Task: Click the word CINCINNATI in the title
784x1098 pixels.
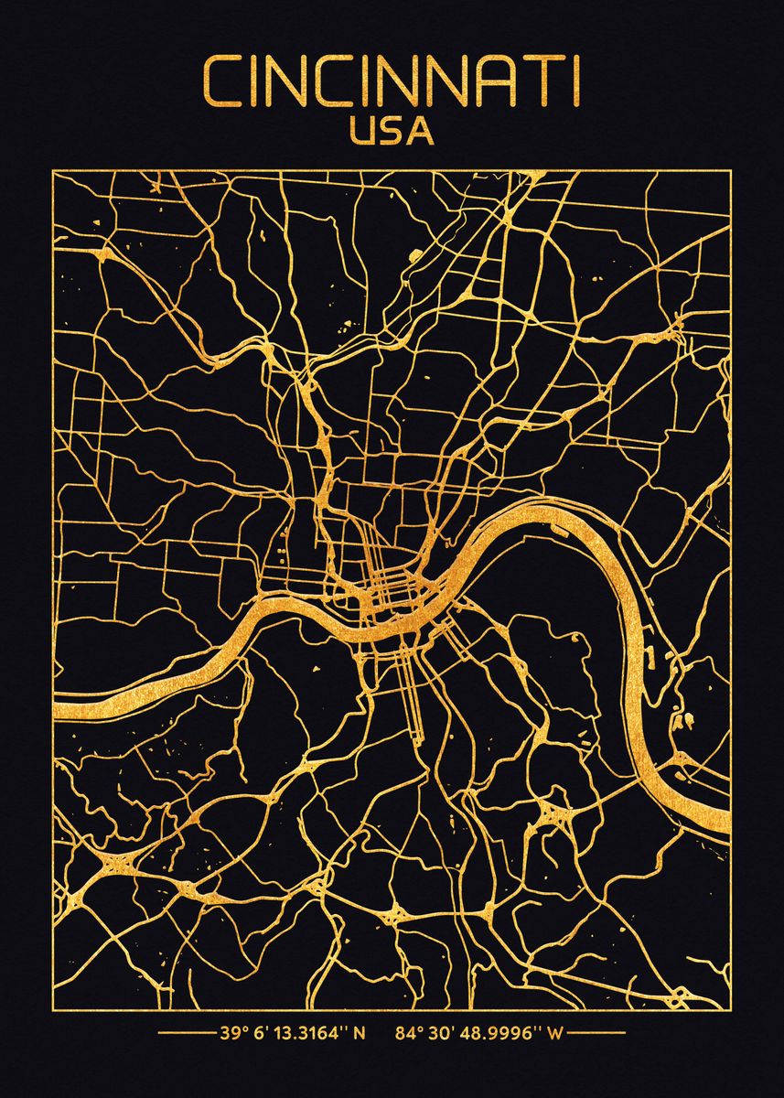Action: [392, 82]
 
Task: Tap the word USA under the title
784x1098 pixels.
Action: [392, 132]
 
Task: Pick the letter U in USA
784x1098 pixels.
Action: [362, 132]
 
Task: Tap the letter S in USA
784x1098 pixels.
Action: [392, 132]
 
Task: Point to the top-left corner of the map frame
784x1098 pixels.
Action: [53, 171]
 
